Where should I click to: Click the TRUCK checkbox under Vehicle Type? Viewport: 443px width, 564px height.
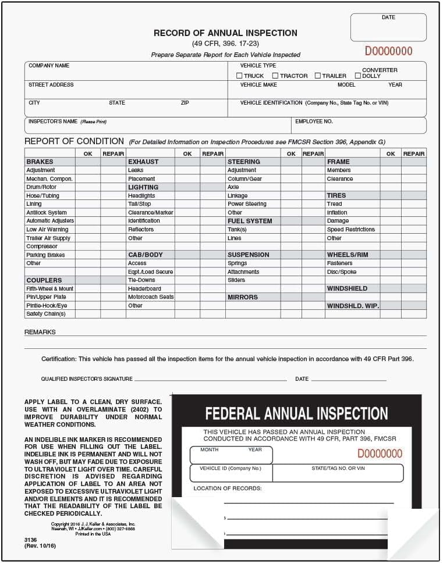coord(239,76)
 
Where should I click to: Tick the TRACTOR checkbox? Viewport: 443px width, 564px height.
coord(275,76)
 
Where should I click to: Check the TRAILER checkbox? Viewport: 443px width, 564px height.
coord(318,76)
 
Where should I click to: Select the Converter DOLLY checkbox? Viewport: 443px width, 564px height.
coord(357,76)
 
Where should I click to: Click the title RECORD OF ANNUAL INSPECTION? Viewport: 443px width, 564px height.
coord(225,33)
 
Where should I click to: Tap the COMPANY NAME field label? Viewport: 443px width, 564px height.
coord(49,66)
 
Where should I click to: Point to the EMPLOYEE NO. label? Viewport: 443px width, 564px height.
coord(314,122)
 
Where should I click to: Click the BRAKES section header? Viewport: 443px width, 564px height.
coord(40,162)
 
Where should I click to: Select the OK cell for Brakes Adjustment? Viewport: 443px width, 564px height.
coord(87,170)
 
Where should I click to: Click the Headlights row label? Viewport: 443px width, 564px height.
coord(141,196)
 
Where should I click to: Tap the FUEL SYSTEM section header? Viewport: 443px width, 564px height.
coord(250,221)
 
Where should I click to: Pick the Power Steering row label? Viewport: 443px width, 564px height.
coord(247,204)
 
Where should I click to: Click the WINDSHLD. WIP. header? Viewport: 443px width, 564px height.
coord(353,306)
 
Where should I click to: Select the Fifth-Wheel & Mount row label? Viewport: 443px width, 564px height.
coord(49,289)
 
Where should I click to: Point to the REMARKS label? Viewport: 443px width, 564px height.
coord(40,332)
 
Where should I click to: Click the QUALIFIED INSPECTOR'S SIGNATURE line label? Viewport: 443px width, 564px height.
coord(87,379)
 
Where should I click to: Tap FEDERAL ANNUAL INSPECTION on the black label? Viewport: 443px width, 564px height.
coord(296,413)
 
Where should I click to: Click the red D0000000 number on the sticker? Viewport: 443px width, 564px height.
coord(380,454)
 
